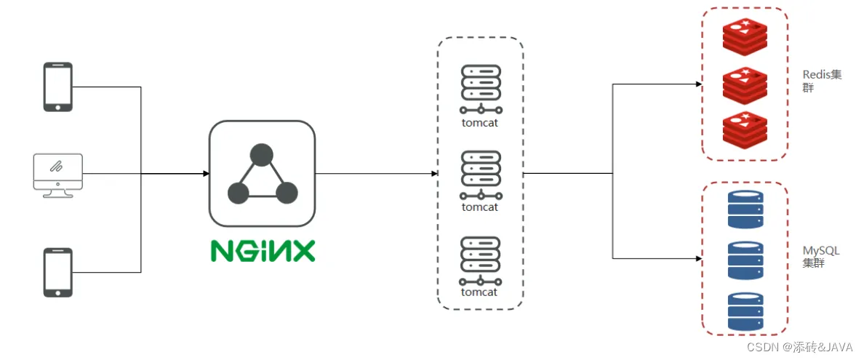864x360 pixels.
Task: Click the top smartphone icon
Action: (x=58, y=87)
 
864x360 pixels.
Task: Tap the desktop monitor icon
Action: (x=57, y=175)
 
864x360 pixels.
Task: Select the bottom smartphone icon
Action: (x=58, y=272)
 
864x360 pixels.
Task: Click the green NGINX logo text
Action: (x=263, y=249)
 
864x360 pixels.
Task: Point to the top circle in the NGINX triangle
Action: (x=262, y=155)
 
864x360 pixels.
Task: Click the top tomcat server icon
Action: (x=481, y=89)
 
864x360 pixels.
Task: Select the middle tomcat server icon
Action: (x=481, y=175)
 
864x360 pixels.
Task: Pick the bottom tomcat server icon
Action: (x=481, y=260)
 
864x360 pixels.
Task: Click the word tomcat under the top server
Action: (x=480, y=123)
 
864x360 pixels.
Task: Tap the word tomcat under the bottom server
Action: (x=480, y=292)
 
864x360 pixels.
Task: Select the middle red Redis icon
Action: (x=745, y=84)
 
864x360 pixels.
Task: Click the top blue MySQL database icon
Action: (x=745, y=209)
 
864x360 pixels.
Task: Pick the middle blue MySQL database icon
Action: (x=745, y=260)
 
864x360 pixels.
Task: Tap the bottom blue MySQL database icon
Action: (x=745, y=311)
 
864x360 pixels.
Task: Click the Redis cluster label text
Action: (x=822, y=81)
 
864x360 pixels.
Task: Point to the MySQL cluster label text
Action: (x=821, y=257)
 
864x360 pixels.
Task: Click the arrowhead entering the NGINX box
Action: (x=206, y=174)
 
